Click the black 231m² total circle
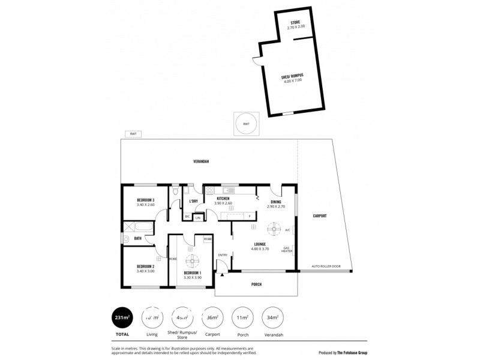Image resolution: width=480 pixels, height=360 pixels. click(x=122, y=317)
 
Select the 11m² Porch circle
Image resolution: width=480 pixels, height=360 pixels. click(x=243, y=317)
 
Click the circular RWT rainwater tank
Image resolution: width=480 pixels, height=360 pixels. click(x=246, y=124)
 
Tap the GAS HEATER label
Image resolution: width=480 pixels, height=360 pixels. click(x=287, y=250)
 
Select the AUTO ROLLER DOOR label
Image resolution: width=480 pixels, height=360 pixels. click(x=326, y=266)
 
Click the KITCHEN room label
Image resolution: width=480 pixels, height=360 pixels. click(x=223, y=198)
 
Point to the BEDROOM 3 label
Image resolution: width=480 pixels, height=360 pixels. click(x=146, y=200)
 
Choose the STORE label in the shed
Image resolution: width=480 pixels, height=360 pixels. click(x=296, y=22)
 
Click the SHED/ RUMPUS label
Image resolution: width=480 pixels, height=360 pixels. click(x=292, y=76)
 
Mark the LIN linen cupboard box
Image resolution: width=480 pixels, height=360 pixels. click(x=198, y=217)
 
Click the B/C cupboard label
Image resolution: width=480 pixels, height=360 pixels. click(x=187, y=216)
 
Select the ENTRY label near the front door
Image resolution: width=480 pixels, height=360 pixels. click(x=223, y=255)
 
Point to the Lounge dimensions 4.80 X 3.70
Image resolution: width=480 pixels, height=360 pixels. click(x=260, y=248)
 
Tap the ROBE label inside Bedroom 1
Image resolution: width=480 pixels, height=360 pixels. click(x=207, y=239)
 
